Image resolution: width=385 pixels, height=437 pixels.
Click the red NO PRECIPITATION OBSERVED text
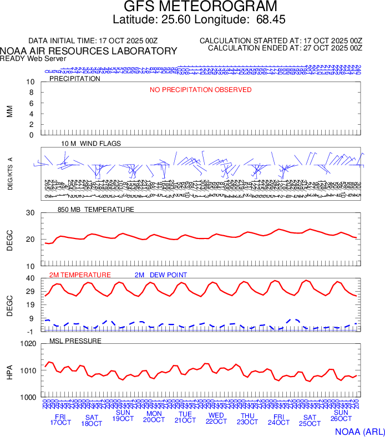point(201,90)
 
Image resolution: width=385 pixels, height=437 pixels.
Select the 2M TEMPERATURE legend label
point(80,275)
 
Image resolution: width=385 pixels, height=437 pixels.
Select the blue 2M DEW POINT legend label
point(161,275)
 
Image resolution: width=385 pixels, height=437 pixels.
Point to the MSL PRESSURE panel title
point(75,341)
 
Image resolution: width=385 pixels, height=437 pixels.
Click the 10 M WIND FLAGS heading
point(91,144)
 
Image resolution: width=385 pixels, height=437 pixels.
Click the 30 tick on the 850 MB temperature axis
point(31,213)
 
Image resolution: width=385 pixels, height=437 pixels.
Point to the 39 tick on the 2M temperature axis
point(31,278)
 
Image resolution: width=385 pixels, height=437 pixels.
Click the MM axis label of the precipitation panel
point(9,111)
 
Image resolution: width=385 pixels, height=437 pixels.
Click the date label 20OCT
point(154,420)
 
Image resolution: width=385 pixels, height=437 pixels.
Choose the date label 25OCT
point(310,424)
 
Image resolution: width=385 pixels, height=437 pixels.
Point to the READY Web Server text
point(33,58)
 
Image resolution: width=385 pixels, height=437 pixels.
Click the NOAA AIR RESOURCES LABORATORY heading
point(89,51)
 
